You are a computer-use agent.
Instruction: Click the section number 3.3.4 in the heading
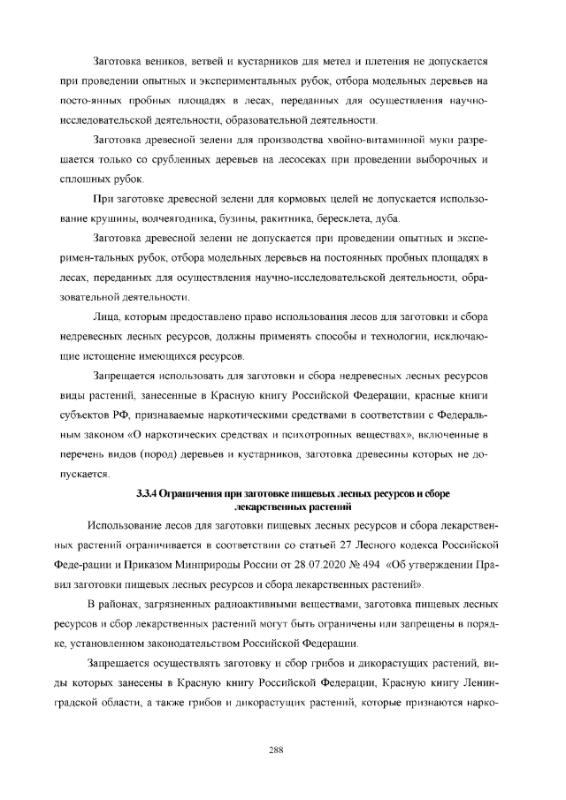click(150, 493)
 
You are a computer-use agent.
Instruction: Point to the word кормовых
click(293, 198)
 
